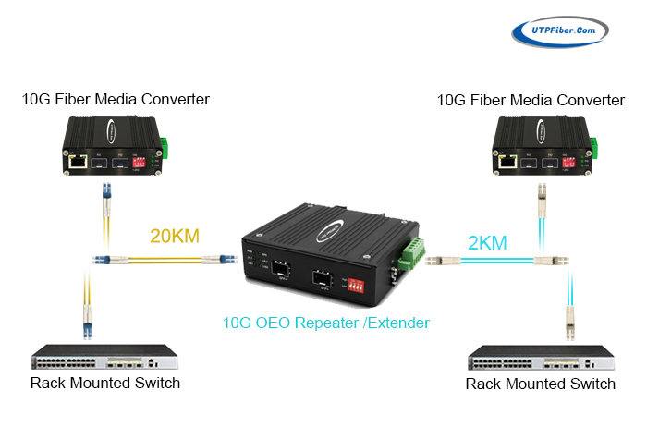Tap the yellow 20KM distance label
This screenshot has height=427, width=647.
[176, 238]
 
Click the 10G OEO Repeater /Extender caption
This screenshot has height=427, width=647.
[326, 323]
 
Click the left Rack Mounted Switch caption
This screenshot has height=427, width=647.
[104, 383]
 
